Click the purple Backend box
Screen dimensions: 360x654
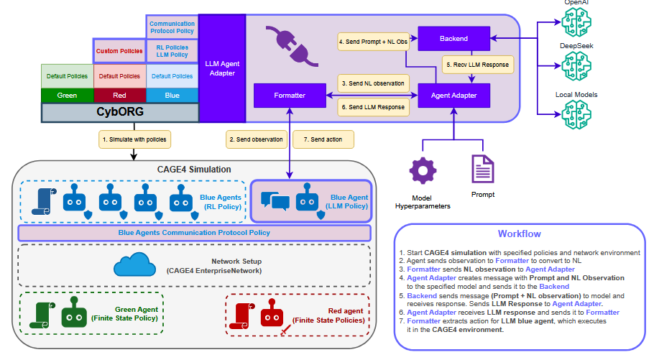453,38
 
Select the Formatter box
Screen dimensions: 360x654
290,95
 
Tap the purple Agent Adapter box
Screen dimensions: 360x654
453,95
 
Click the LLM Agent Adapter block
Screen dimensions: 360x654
223,68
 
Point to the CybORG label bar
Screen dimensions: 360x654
120,113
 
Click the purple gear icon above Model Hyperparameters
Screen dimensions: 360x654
423,172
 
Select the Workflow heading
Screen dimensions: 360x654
519,234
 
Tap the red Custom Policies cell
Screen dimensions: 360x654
119,52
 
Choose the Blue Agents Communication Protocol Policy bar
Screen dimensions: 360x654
194,233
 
